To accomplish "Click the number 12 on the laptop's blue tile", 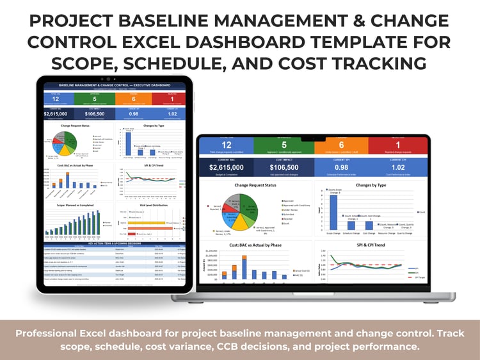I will pyautogui.click(x=227, y=144).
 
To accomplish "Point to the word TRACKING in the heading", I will pyautogui.click(x=367, y=63).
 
